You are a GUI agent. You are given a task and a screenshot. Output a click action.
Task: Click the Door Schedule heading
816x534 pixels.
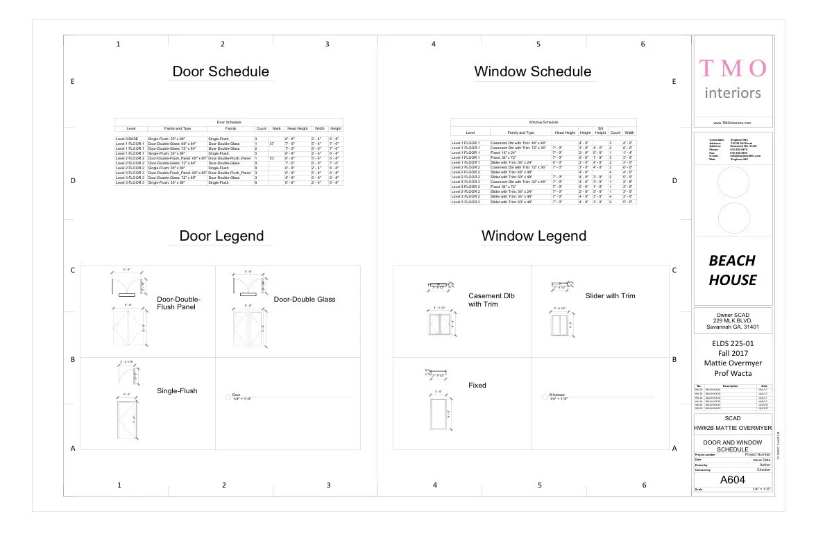pyautogui.click(x=221, y=71)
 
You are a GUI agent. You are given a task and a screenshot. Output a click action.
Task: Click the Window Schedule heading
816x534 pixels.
pyautogui.click(x=533, y=71)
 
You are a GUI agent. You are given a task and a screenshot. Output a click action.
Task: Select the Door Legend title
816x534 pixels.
pyautogui.click(x=221, y=236)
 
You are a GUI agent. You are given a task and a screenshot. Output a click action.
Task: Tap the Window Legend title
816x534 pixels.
pyautogui.click(x=534, y=236)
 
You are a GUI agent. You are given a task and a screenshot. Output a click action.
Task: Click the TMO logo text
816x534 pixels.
pyautogui.click(x=733, y=68)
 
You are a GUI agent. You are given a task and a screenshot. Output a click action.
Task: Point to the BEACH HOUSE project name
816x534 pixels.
pyautogui.click(x=733, y=270)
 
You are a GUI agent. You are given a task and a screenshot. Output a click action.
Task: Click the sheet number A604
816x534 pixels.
pyautogui.click(x=733, y=479)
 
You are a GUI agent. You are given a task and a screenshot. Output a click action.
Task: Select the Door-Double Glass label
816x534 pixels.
pyautogui.click(x=305, y=299)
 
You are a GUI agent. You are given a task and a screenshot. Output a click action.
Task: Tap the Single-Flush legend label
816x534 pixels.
pyautogui.click(x=177, y=390)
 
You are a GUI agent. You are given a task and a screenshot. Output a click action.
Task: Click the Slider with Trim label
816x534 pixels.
pyautogui.click(x=610, y=296)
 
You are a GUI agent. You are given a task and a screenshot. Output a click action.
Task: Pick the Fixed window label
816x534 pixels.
pyautogui.click(x=477, y=385)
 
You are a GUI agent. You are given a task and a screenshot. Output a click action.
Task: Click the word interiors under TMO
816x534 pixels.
pyautogui.click(x=733, y=93)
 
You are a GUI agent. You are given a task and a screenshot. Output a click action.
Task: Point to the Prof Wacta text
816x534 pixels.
pyautogui.click(x=733, y=374)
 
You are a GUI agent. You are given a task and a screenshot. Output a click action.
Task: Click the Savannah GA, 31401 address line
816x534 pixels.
pyautogui.click(x=733, y=327)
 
